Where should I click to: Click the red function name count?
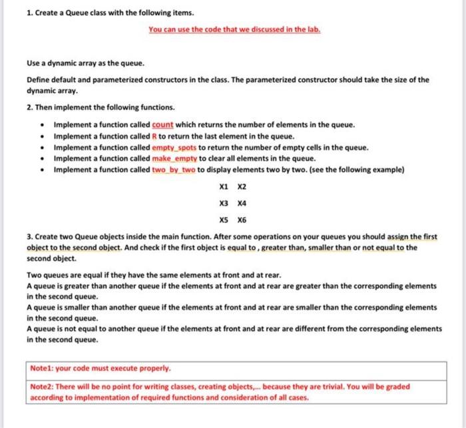coord(162,124)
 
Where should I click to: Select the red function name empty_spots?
coord(173,147)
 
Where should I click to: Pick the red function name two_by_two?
coord(174,170)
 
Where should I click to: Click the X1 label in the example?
coord(215,186)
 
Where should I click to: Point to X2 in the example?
coord(232,186)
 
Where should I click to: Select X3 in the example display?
coord(215,204)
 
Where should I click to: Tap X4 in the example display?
coord(232,204)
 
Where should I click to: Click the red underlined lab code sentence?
coord(233,30)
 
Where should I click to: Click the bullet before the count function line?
coord(43,124)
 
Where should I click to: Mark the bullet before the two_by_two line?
coord(43,170)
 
